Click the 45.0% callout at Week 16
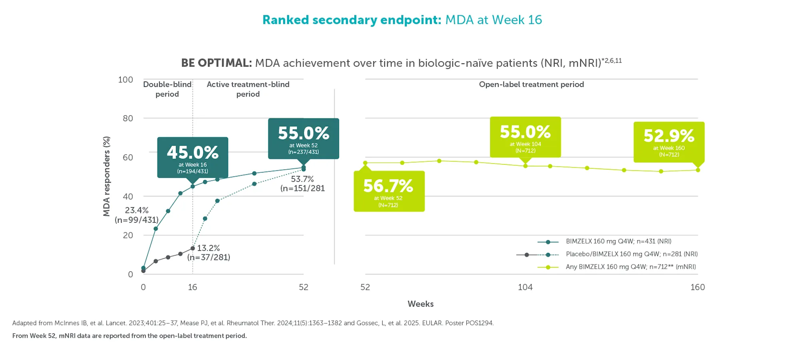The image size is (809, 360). (x=192, y=157)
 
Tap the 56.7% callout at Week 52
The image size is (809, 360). (x=389, y=191)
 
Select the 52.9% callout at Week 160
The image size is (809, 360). (x=669, y=142)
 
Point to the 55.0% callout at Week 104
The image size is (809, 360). (x=525, y=137)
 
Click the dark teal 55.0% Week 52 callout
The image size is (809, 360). (x=303, y=138)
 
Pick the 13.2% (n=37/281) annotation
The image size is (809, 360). (x=208, y=253)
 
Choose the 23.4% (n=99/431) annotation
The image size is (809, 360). (x=137, y=215)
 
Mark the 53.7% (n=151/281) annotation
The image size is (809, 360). (x=302, y=184)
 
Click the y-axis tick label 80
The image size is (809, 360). (x=128, y=118)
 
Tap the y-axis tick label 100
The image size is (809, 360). (x=126, y=80)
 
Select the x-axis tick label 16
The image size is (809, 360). (x=192, y=287)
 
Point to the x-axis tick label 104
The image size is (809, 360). (x=525, y=287)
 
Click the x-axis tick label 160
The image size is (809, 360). (x=697, y=287)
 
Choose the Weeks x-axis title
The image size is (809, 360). (x=420, y=304)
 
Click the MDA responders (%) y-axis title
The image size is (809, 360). (x=106, y=176)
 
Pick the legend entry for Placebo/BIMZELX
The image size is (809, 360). (x=631, y=254)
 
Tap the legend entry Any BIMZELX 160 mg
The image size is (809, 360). (x=631, y=267)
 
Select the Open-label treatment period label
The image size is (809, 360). (x=531, y=84)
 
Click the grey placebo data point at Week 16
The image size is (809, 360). (x=193, y=248)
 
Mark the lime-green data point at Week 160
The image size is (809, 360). (x=698, y=170)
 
